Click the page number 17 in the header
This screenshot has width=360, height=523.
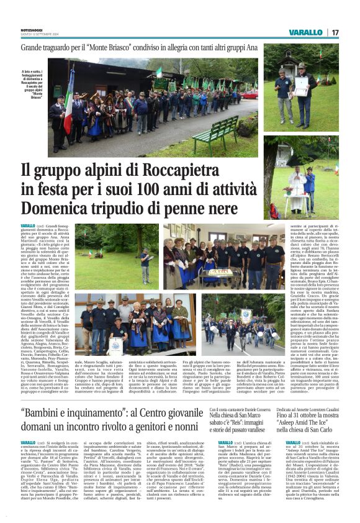(334, 32)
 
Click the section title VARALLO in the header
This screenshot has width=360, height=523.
(305, 32)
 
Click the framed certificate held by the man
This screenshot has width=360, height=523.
(116, 345)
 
